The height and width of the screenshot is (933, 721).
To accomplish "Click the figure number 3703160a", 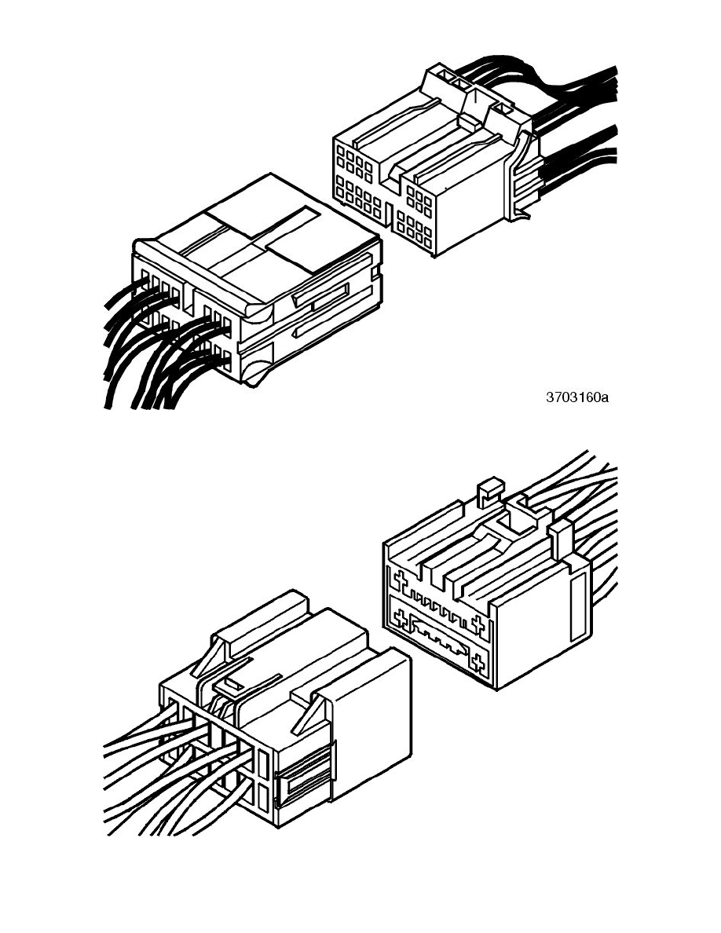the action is point(577,397).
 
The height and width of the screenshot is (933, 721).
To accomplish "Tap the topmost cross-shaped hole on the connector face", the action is point(401,580).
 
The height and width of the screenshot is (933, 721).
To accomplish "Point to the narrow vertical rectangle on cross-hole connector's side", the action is point(577,608).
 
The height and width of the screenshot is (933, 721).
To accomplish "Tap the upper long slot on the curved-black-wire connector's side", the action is point(322,296).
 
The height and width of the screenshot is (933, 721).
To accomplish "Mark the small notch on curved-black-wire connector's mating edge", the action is point(376,274).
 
